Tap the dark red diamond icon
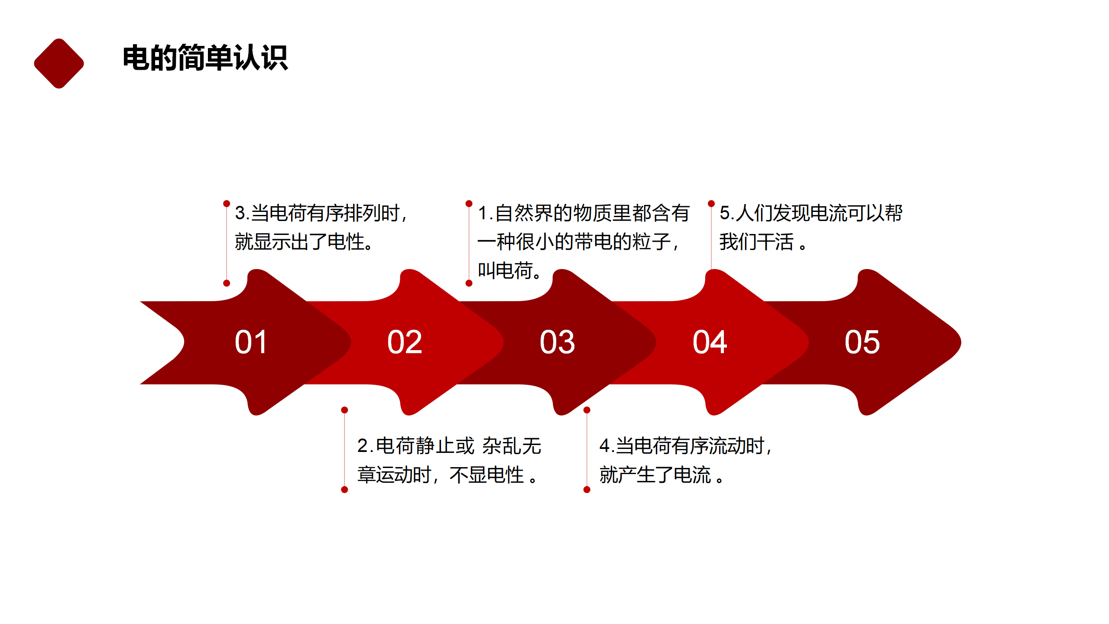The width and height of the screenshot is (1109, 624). (x=59, y=64)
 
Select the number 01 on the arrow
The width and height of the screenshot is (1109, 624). (x=251, y=342)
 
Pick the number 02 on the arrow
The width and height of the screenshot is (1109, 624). (x=405, y=342)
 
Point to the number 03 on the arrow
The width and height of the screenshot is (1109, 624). (x=557, y=342)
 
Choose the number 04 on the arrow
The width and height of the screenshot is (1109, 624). (x=710, y=342)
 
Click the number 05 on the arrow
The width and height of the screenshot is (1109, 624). (x=862, y=342)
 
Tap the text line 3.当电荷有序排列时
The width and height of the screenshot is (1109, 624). (x=321, y=213)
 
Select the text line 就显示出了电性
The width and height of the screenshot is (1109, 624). (x=304, y=242)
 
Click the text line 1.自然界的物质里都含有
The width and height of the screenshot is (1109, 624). (x=584, y=213)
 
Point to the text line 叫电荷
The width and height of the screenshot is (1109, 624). (x=509, y=270)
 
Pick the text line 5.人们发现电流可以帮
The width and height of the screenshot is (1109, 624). (x=811, y=213)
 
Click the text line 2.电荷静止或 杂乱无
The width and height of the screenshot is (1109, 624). (x=449, y=446)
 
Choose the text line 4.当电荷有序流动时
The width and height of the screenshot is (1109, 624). (x=686, y=446)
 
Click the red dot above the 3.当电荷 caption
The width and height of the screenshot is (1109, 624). (x=227, y=204)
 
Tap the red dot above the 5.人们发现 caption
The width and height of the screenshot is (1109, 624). (x=711, y=204)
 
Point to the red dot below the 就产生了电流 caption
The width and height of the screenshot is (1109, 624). (x=587, y=490)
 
